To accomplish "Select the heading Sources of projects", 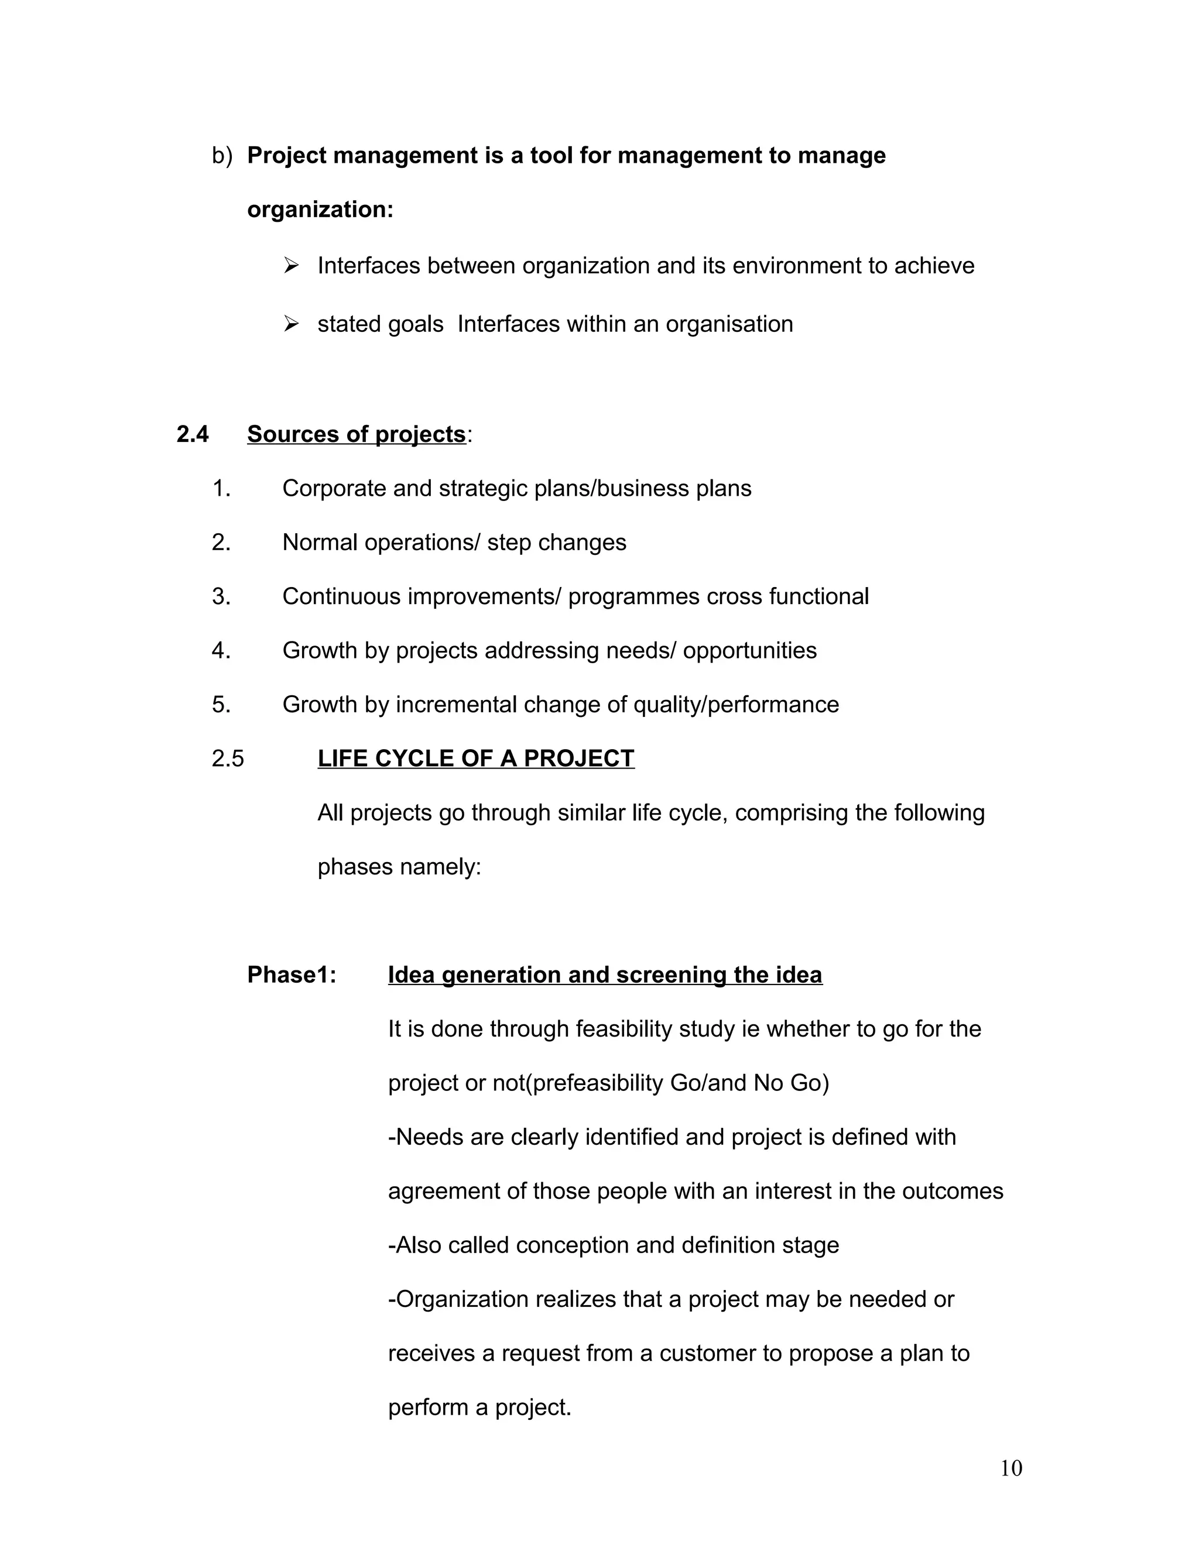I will click(x=356, y=434).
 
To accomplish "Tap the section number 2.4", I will click(x=193, y=434).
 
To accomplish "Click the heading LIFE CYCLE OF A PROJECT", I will click(x=475, y=759).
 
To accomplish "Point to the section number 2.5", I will click(x=227, y=759).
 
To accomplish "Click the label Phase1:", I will click(x=291, y=974).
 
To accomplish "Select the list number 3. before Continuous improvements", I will click(x=221, y=596).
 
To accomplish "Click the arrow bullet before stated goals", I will click(x=291, y=324).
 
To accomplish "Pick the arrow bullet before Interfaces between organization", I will click(x=291, y=266).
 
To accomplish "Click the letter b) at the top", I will click(x=222, y=156).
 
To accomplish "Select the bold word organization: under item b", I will click(x=320, y=210).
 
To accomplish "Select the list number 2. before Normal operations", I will click(x=221, y=543).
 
